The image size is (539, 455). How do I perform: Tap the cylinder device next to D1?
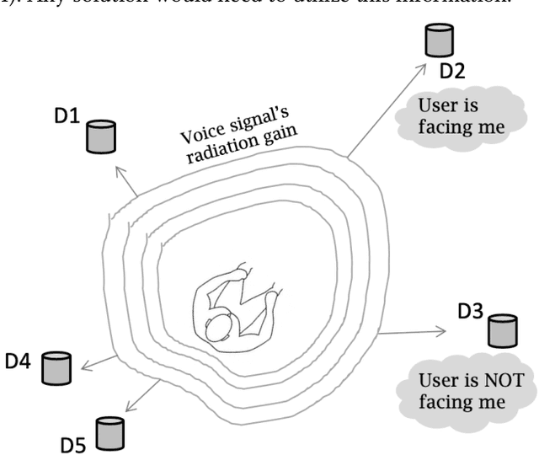[x=100, y=136]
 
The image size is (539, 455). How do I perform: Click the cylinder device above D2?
[x=440, y=40]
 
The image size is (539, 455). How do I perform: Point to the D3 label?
[x=470, y=312]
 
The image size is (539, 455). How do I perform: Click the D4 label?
[x=19, y=362]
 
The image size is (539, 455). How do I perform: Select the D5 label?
[x=74, y=442]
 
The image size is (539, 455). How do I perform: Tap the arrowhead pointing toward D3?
[x=444, y=332]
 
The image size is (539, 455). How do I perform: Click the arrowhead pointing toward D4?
[x=87, y=363]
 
